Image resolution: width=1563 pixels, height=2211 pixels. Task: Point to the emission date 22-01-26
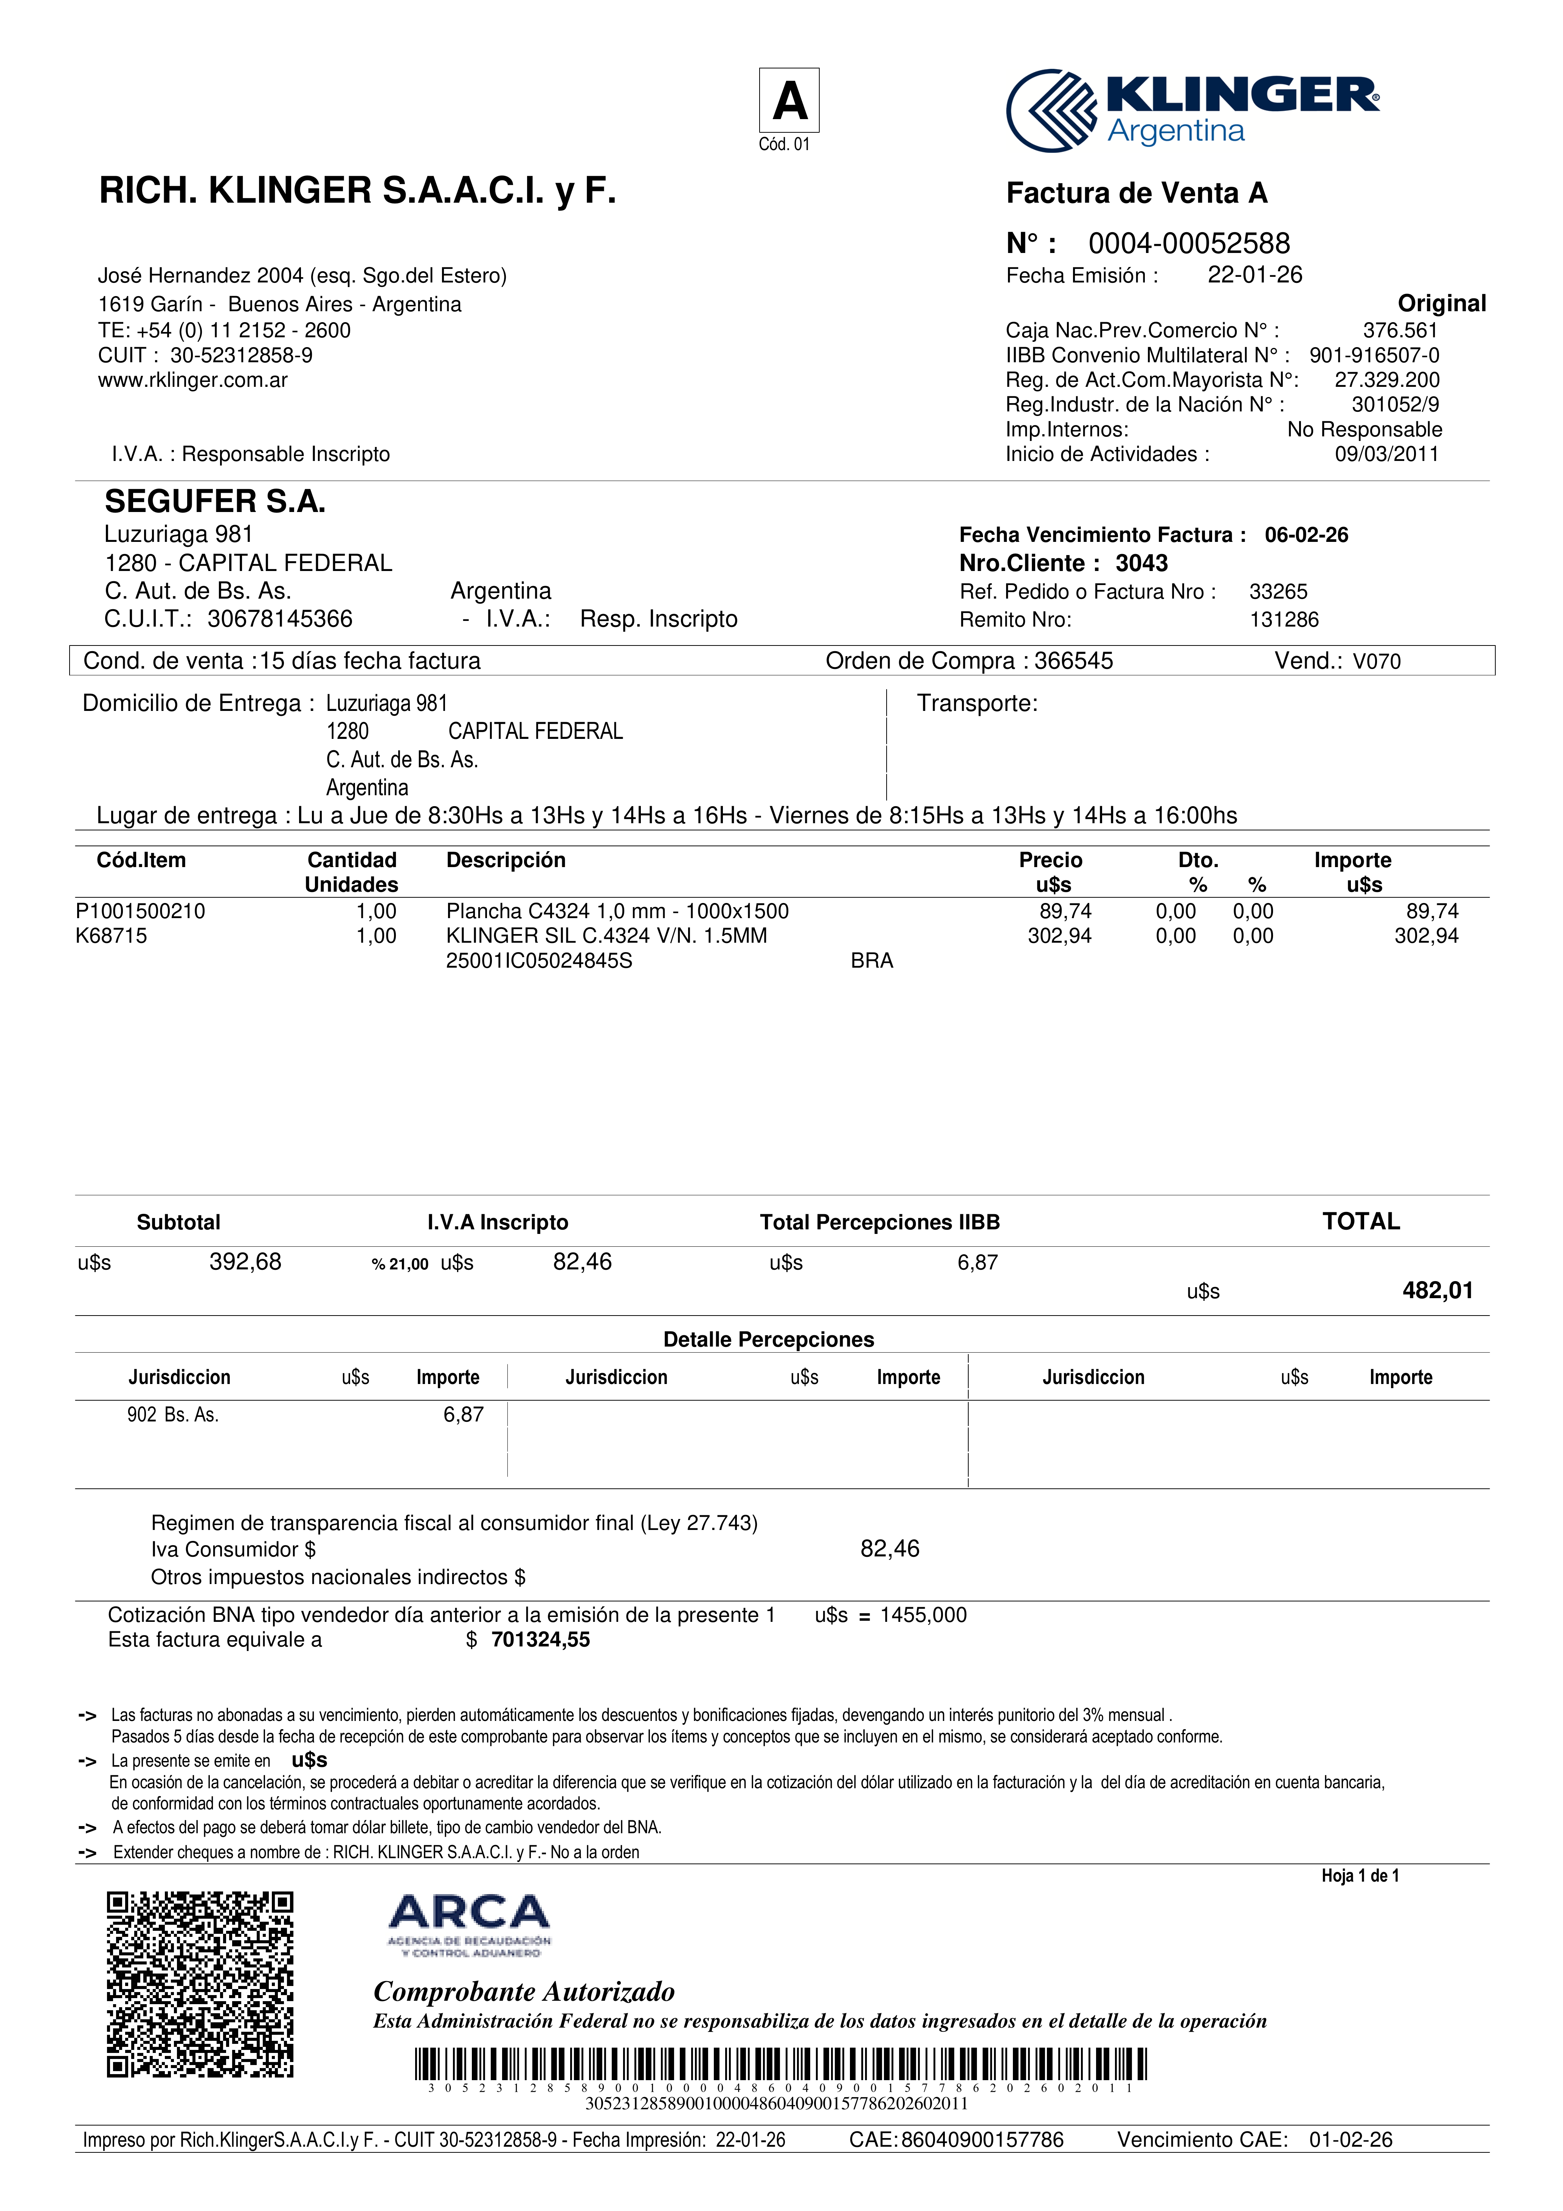pyautogui.click(x=1254, y=275)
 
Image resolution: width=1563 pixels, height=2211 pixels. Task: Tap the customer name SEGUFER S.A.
pyautogui.click(x=215, y=502)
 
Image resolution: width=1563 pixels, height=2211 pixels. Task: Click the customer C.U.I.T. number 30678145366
pyautogui.click(x=279, y=619)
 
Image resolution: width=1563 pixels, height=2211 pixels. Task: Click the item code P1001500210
pyautogui.click(x=141, y=911)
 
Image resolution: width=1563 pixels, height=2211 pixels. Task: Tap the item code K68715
pyautogui.click(x=112, y=936)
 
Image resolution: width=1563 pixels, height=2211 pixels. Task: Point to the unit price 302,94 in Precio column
pyautogui.click(x=1059, y=936)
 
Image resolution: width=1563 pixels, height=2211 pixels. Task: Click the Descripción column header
pyautogui.click(x=505, y=860)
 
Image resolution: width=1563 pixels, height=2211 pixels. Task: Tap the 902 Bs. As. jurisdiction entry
pyautogui.click(x=173, y=1415)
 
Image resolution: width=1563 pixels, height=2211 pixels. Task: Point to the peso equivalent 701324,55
pyautogui.click(x=540, y=1640)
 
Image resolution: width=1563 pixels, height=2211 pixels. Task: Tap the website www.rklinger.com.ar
pyautogui.click(x=192, y=380)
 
